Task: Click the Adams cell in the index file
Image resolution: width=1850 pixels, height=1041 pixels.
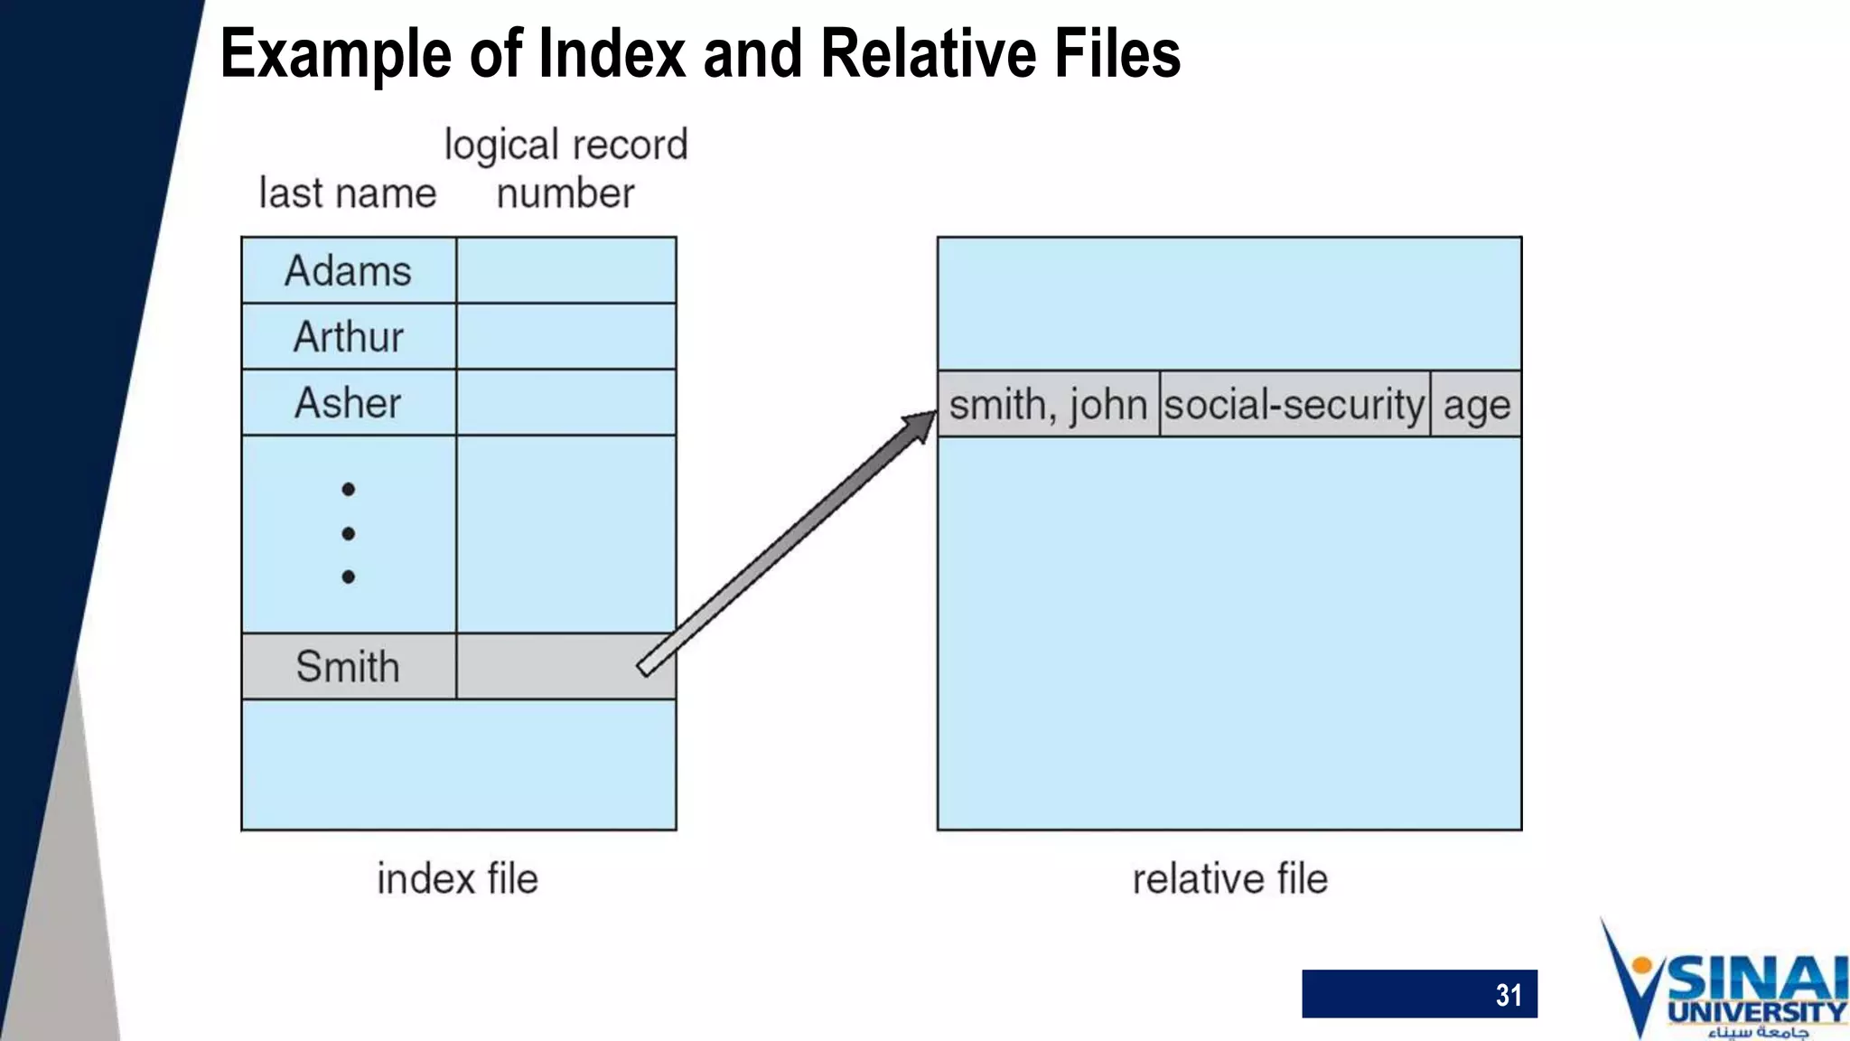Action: (x=349, y=271)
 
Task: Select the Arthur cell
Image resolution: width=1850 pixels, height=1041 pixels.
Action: (x=349, y=337)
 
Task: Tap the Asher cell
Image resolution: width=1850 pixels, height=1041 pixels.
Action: (x=349, y=403)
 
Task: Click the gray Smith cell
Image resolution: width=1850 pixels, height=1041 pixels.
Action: (x=349, y=667)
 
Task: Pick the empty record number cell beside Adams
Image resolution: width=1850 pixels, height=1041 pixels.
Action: (x=566, y=271)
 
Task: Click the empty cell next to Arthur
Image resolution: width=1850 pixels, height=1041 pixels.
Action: (x=566, y=337)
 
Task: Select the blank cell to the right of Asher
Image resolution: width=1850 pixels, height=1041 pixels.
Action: (x=566, y=403)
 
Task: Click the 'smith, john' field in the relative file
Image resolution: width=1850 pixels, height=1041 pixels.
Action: (x=1048, y=404)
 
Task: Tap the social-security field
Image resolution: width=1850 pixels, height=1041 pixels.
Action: (x=1294, y=404)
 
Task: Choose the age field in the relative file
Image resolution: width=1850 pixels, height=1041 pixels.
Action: (x=1476, y=404)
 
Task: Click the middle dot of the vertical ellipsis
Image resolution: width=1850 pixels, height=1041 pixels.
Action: (x=349, y=533)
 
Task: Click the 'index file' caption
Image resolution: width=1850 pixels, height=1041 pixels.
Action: (x=457, y=879)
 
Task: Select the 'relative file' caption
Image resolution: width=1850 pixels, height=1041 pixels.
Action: (x=1229, y=879)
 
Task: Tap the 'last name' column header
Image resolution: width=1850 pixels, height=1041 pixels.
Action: (x=348, y=193)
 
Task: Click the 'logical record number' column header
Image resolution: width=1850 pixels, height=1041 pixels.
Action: (x=566, y=169)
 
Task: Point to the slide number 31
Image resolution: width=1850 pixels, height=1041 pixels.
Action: (x=1508, y=995)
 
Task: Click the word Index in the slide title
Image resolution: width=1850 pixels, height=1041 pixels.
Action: (x=612, y=54)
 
